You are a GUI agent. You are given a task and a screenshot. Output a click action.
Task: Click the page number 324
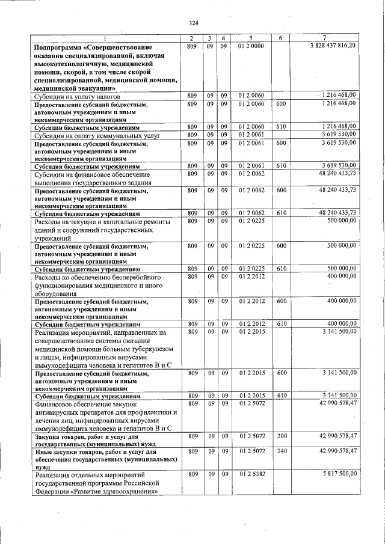[x=193, y=23]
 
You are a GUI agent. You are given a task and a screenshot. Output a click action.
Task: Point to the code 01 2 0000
[x=251, y=46]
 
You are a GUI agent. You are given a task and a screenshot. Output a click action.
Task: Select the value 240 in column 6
[x=281, y=450]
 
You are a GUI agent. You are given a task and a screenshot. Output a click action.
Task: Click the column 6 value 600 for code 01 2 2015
[x=281, y=373]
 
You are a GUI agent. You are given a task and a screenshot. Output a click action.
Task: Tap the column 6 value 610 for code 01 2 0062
[x=281, y=213]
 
